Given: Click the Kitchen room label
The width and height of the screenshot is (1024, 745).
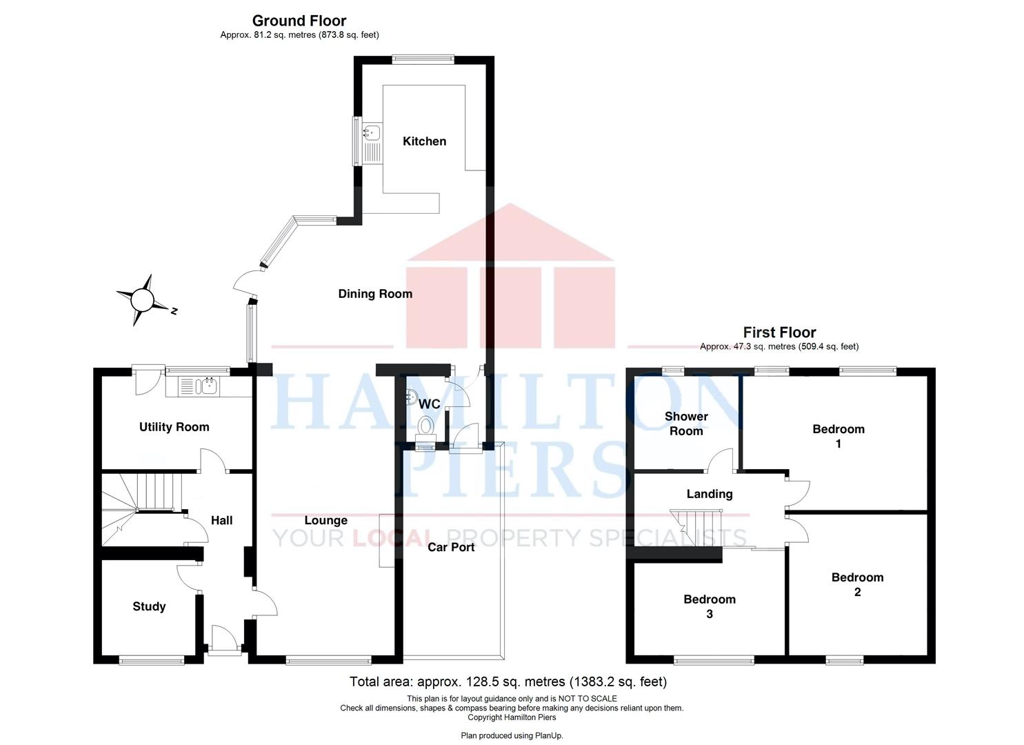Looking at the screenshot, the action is tap(424, 141).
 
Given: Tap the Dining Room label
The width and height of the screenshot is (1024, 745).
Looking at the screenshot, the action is tap(375, 294).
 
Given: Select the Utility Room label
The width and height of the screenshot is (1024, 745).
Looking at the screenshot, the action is tap(174, 427).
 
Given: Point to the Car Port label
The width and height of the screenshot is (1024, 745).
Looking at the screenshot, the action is tap(451, 548).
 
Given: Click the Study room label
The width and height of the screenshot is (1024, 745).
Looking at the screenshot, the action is tap(149, 607).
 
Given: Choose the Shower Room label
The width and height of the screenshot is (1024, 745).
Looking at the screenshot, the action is tap(686, 424).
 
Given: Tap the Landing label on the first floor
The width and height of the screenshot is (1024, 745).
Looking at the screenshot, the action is tap(710, 495).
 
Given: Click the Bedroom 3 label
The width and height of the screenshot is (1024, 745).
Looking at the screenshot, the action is tap(710, 606).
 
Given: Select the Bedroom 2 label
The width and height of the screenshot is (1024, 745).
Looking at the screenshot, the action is tap(857, 584).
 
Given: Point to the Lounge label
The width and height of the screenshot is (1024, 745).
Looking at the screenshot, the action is tap(326, 520).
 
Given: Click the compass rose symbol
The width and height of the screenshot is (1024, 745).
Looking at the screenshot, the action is tap(142, 301).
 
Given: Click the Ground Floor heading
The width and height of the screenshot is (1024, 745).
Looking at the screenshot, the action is tap(299, 21).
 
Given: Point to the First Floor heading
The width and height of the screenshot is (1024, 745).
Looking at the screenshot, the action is tap(779, 332).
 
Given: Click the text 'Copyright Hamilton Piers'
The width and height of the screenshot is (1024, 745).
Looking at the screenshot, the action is tap(512, 717).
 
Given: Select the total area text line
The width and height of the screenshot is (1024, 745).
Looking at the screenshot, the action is tap(508, 682).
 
